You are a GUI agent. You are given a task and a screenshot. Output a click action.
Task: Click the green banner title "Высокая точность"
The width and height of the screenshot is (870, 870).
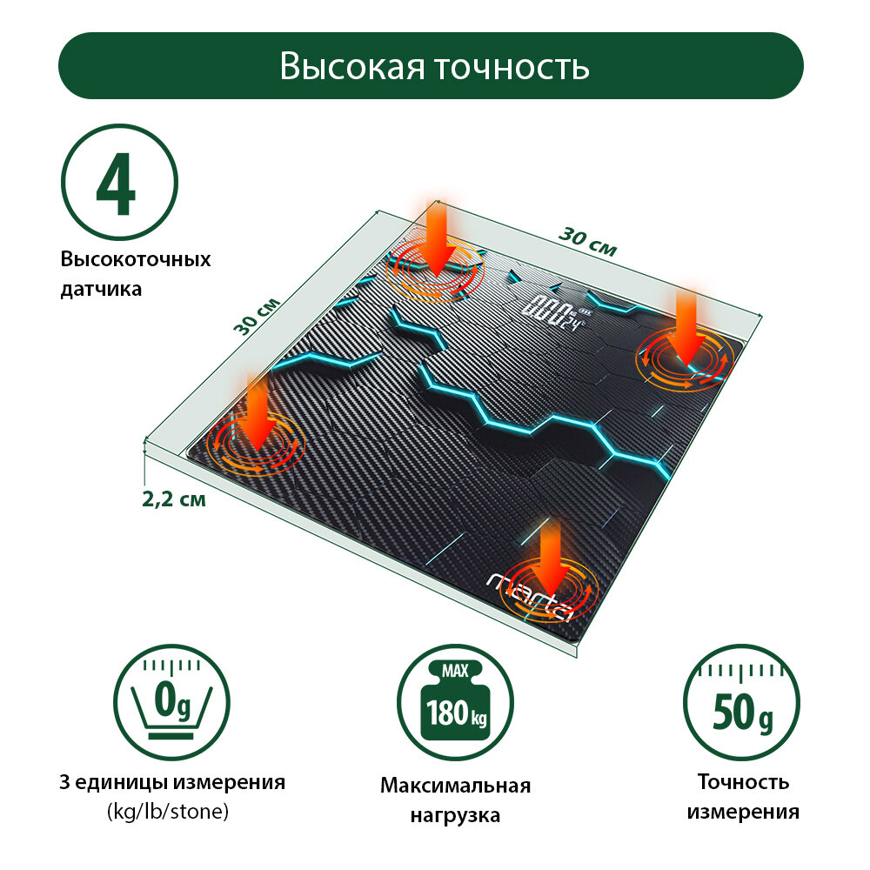[x=434, y=66]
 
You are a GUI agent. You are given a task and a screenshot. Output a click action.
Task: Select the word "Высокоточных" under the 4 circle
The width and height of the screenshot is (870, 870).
[x=136, y=260]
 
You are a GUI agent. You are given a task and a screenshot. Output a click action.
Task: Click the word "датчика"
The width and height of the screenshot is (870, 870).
[x=101, y=289]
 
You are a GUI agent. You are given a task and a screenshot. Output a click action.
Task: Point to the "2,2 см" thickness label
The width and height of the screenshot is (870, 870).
[x=174, y=500]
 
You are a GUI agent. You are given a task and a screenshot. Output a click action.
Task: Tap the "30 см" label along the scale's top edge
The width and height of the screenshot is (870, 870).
[x=587, y=242]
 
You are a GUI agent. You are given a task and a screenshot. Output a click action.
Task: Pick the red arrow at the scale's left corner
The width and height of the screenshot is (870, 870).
[x=257, y=413]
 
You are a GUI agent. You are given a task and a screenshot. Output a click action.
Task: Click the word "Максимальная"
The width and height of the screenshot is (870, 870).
[x=455, y=786]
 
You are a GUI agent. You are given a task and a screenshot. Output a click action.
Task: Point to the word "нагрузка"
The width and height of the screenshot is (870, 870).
[x=455, y=816]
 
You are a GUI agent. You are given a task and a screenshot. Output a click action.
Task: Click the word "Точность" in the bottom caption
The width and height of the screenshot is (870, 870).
[x=743, y=782]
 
